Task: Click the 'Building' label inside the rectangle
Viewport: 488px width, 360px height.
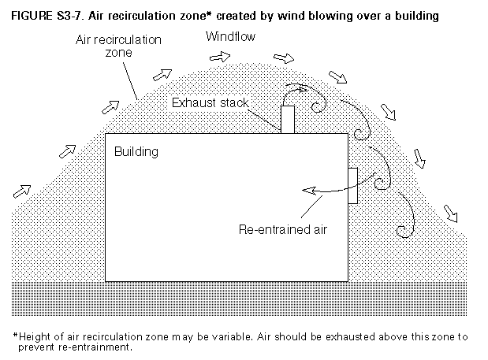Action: tap(136, 150)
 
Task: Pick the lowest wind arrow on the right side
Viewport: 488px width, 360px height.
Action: tap(452, 212)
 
